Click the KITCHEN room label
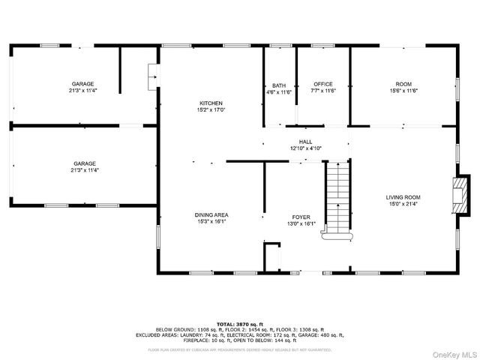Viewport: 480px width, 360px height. [x=211, y=103]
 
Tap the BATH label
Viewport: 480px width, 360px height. [x=279, y=85]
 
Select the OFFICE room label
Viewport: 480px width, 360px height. [x=323, y=84]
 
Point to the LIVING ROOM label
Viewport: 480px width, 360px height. [x=403, y=197]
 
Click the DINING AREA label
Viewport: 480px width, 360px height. [x=212, y=215]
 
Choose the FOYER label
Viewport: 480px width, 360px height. [x=301, y=216]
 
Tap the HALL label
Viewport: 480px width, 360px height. [x=306, y=141]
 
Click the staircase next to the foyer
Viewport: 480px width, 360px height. [x=337, y=199]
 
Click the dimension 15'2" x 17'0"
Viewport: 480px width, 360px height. [x=211, y=110]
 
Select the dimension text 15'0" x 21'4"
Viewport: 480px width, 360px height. [x=403, y=204]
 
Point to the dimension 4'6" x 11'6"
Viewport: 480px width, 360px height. [x=279, y=91]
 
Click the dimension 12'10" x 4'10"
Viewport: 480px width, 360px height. [x=306, y=148]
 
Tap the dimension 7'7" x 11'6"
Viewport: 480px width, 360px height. [x=323, y=91]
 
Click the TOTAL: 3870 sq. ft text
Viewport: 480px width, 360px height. [x=240, y=323]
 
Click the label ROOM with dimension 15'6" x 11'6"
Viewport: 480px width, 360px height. [x=403, y=84]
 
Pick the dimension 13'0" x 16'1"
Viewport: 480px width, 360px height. [x=301, y=223]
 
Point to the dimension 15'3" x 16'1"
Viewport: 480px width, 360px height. [x=212, y=222]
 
